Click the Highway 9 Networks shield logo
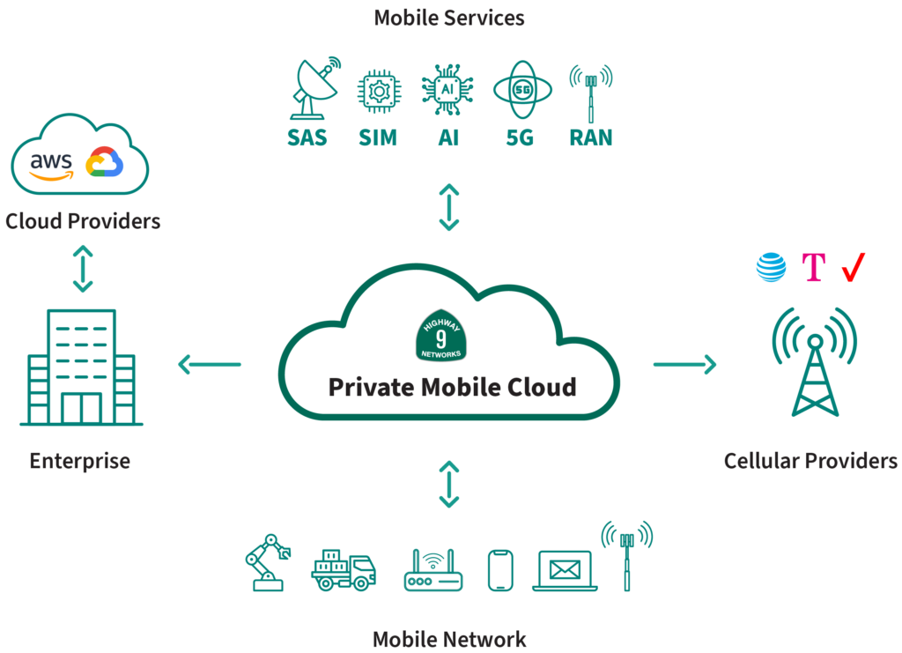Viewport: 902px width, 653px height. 441,335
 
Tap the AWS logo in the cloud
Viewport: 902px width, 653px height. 50,165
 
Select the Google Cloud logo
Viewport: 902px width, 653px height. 104,163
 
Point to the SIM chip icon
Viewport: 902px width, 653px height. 377,93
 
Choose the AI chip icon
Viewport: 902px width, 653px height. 447,92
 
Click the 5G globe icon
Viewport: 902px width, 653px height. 521,91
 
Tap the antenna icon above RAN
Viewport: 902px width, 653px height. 590,92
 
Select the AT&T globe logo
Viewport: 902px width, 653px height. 771,267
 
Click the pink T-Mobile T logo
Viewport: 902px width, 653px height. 814,268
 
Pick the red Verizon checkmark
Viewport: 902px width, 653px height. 853,267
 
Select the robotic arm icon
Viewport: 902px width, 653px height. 267,561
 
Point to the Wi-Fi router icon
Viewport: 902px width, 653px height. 433,570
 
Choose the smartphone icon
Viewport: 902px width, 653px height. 499,570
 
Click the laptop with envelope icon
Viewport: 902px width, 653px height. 565,570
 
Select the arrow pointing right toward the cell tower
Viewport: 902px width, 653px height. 684,364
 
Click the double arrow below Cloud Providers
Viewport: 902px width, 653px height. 83,269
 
